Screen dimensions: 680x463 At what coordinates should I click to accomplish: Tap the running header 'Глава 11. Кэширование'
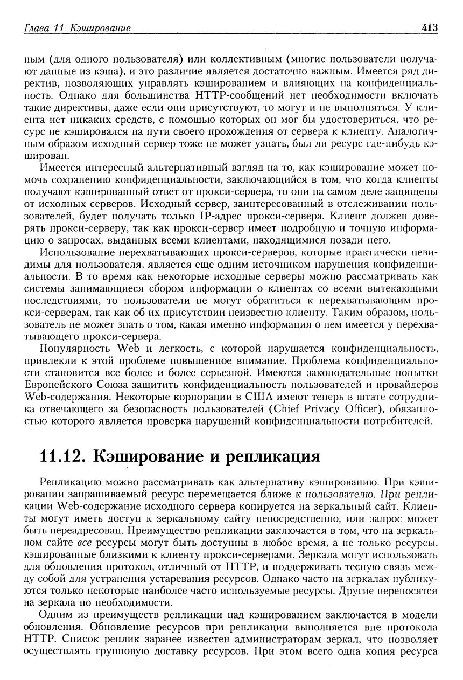click(74, 27)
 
